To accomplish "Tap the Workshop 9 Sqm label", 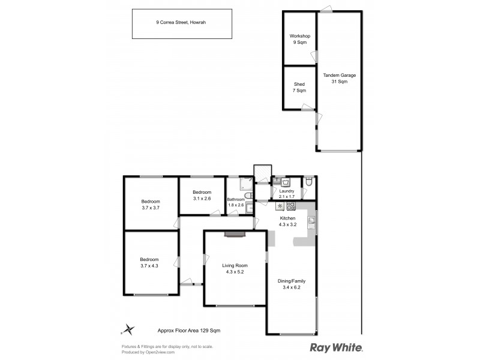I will (299, 40).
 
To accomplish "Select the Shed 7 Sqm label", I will (299, 88).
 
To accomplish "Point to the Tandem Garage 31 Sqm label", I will (339, 78).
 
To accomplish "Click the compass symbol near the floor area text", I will (128, 329).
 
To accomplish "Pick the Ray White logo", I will (336, 347).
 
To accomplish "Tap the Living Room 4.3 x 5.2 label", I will (235, 268).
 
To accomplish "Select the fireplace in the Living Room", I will (235, 235).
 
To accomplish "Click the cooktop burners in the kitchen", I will (290, 206).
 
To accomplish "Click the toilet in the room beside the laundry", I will (308, 181).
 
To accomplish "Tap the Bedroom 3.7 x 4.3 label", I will (149, 262).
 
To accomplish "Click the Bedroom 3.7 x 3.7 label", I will (150, 204).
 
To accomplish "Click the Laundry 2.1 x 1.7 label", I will (287, 193).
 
